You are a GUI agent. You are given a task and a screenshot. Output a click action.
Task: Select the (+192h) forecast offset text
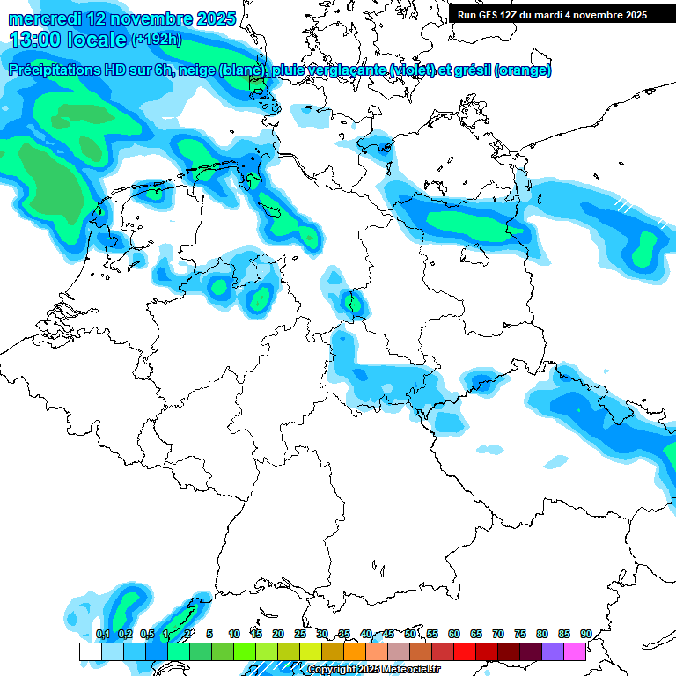[157, 40]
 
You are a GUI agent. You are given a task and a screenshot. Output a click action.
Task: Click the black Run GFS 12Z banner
[552, 15]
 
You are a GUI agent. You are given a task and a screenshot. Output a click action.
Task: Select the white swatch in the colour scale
[90, 651]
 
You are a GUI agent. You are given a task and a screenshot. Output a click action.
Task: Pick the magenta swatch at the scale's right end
[575, 651]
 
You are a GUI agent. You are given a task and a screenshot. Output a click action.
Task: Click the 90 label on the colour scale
[585, 634]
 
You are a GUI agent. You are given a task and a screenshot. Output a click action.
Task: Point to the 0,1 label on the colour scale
[102, 634]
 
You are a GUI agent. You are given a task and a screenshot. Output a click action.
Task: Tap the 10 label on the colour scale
[234, 634]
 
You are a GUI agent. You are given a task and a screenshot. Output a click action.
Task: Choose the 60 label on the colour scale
[454, 634]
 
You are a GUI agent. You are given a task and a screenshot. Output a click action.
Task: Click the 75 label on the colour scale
[520, 634]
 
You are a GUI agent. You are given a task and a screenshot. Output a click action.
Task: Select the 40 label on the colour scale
[366, 634]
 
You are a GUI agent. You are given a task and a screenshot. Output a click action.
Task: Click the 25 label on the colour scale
[300, 634]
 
